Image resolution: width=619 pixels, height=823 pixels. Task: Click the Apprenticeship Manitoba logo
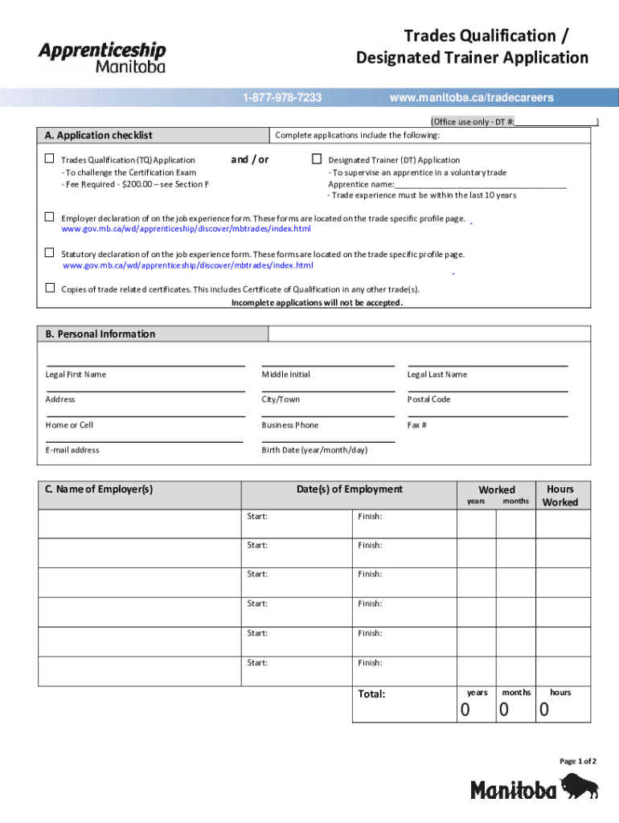tap(102, 56)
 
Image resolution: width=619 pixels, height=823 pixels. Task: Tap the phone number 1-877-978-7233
tap(282, 98)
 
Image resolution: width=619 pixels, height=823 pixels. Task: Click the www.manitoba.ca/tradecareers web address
tap(471, 98)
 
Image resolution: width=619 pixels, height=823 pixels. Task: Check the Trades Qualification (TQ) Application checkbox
tap(50, 159)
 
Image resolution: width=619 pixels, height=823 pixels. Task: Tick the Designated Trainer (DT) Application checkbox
tap(317, 159)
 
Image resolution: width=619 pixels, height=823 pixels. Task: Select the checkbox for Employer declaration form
tap(50, 217)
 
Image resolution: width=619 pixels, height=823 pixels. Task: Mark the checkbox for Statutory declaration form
tap(50, 253)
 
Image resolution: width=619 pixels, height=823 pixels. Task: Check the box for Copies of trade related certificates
tap(50, 288)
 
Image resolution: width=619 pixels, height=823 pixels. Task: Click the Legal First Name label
tap(76, 375)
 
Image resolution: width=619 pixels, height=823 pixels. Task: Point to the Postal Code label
tap(428, 399)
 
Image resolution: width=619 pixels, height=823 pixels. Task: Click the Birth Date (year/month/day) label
tap(314, 450)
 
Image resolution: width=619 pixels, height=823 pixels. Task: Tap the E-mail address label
tap(72, 450)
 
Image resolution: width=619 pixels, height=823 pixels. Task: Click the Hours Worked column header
tap(560, 495)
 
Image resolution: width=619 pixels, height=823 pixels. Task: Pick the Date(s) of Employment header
tap(349, 489)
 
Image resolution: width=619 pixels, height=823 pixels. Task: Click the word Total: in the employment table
tap(371, 694)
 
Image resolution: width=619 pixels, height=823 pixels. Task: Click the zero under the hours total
tap(544, 710)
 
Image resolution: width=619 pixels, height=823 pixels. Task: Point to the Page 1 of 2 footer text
tap(579, 761)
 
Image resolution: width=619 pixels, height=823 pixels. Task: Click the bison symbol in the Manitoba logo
tap(580, 787)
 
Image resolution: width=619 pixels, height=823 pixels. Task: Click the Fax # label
tap(416, 425)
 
